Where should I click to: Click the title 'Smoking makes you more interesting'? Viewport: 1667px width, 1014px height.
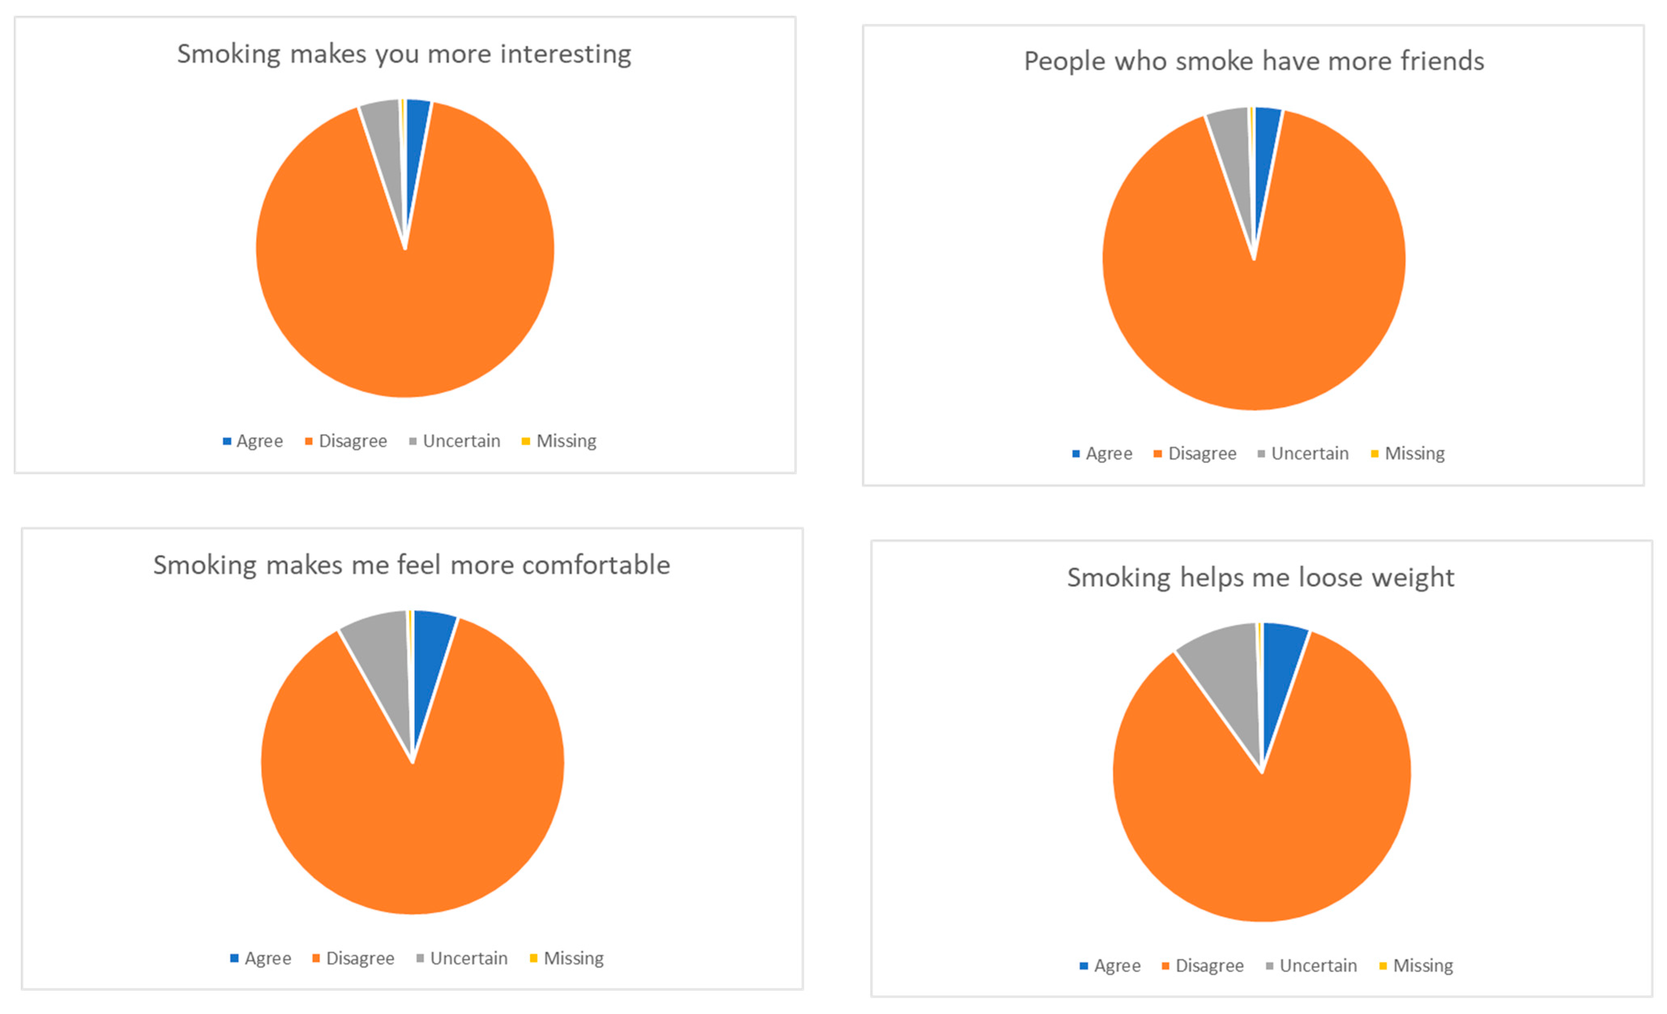[x=404, y=54]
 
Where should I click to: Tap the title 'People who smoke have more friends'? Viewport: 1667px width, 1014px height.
[x=1254, y=61]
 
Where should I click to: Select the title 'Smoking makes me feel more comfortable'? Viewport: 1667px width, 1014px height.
[x=411, y=564]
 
